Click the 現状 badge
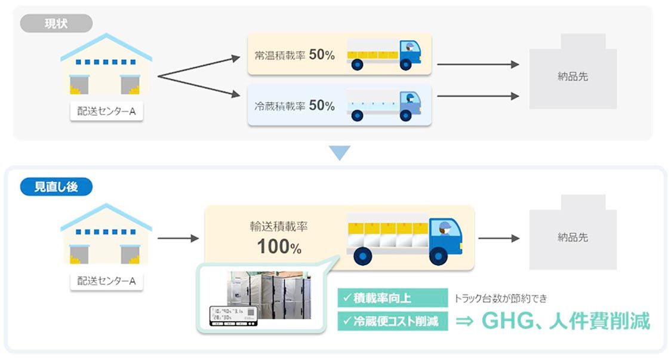click(x=56, y=24)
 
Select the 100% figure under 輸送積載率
click(x=279, y=246)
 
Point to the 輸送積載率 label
click(x=279, y=227)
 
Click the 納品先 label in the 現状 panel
click(x=572, y=76)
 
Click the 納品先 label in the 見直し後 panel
click(x=572, y=237)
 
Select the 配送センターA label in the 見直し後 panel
click(x=106, y=279)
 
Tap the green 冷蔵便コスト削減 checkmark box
click(x=392, y=321)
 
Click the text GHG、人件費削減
click(x=565, y=321)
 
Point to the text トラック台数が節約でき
click(x=500, y=298)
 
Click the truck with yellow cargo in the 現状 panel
click(x=384, y=54)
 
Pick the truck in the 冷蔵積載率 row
click(x=384, y=106)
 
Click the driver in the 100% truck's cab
click(x=444, y=227)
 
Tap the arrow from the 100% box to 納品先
click(x=498, y=238)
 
